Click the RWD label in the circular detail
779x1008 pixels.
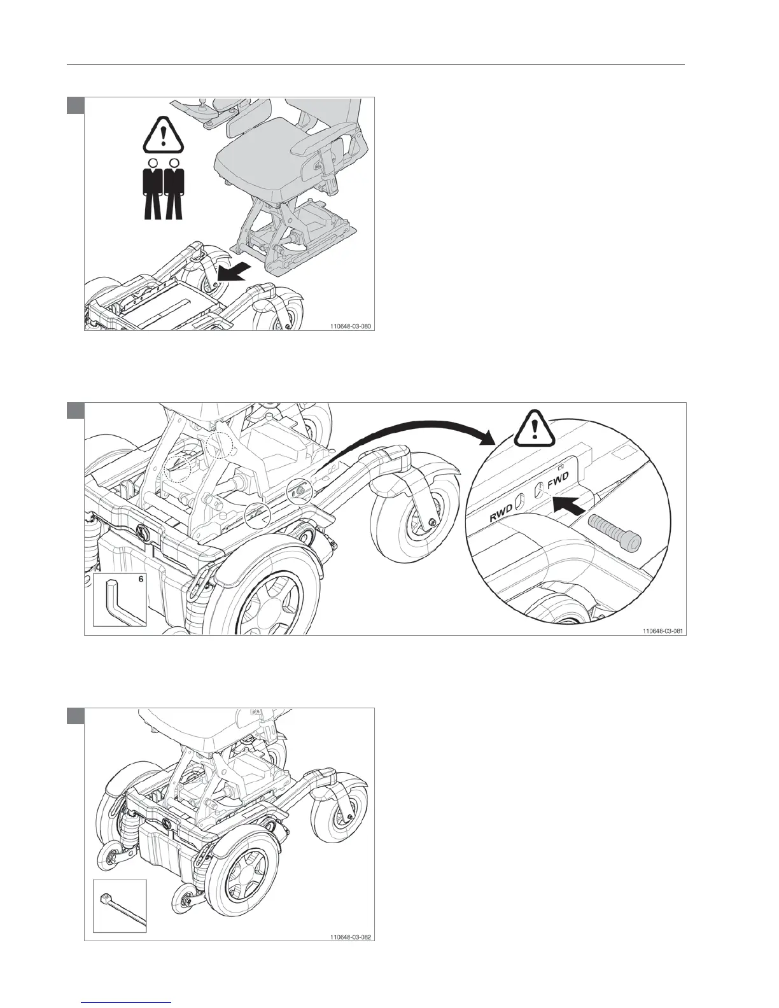click(x=502, y=514)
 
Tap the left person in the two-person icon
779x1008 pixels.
click(x=153, y=189)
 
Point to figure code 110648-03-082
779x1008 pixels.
click(x=350, y=937)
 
